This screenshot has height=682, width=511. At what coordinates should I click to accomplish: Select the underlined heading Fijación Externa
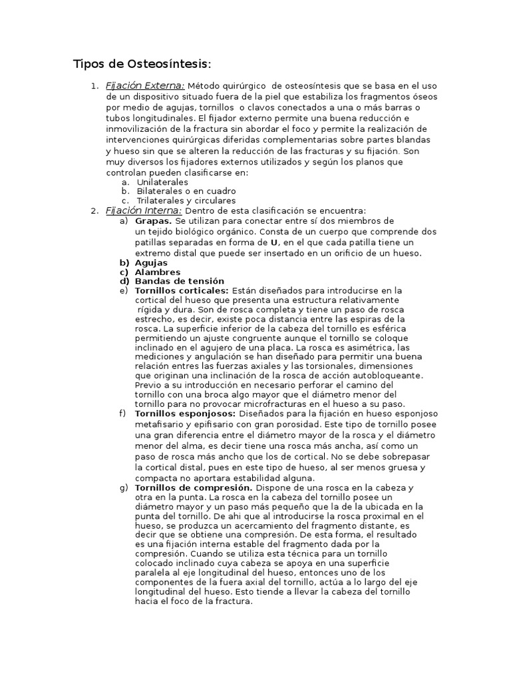145,86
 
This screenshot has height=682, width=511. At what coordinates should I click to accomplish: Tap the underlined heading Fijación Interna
144,210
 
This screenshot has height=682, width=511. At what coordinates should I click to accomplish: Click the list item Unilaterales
162,182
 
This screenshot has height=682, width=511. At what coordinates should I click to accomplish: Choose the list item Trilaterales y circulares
186,200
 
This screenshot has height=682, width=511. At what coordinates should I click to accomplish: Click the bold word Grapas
153,220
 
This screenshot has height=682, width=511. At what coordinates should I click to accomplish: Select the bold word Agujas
151,262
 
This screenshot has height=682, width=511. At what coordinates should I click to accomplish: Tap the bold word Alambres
157,272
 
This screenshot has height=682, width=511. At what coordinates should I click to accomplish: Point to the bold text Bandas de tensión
179,281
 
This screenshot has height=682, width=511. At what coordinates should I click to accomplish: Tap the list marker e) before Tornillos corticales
124,290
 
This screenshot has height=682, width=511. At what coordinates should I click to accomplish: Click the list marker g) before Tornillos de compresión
124,488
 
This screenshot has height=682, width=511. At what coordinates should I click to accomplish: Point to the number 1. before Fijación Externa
94,86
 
